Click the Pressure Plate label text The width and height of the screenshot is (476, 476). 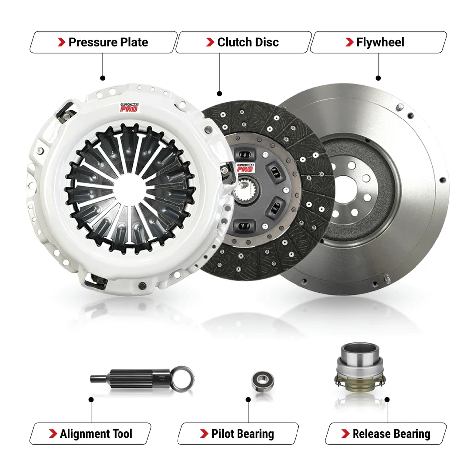click(108, 42)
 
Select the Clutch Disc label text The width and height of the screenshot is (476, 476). click(248, 42)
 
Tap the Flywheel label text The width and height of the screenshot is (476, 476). click(380, 42)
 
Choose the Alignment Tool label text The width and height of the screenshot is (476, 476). click(96, 434)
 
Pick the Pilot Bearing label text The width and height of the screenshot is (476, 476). click(242, 434)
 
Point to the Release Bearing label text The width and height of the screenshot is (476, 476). click(391, 434)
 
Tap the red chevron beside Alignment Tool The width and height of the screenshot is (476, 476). click(53, 434)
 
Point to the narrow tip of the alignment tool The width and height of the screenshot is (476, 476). click(97, 379)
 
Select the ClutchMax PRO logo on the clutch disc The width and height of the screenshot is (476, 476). click(245, 167)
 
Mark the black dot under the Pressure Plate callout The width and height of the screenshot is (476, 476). click(103, 78)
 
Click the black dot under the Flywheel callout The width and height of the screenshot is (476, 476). click(378, 78)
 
